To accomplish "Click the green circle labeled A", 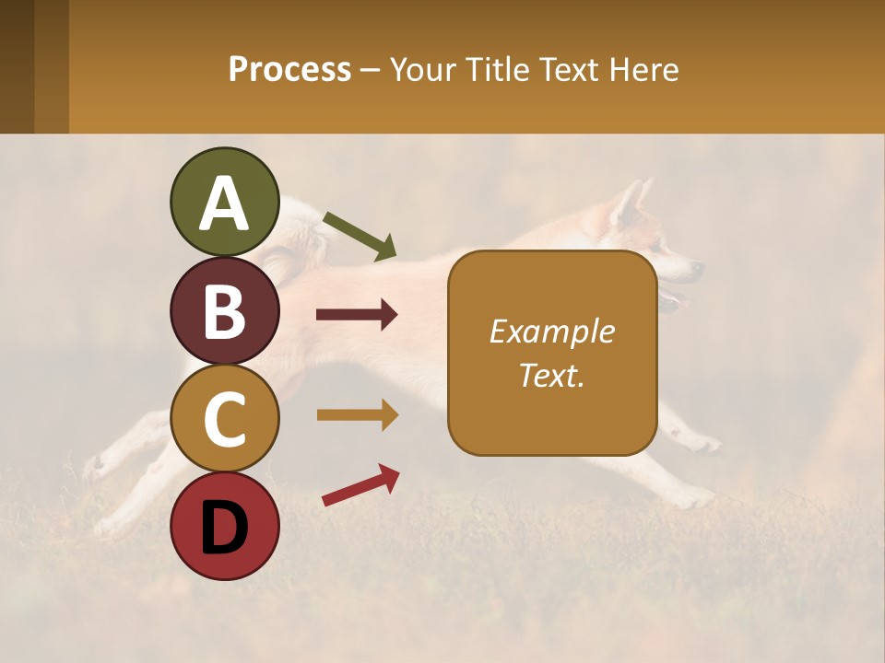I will (x=224, y=202).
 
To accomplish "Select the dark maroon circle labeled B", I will (x=224, y=310).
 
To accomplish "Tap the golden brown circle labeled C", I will (x=224, y=418).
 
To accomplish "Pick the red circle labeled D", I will (x=224, y=526).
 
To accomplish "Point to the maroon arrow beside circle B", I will (x=357, y=315).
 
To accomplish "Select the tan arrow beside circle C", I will (x=357, y=415).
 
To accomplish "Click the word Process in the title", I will (x=289, y=70).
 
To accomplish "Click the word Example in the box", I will (x=551, y=331).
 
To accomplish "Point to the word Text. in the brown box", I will (x=551, y=375).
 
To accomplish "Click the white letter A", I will (x=224, y=204).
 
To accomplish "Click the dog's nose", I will (x=698, y=268).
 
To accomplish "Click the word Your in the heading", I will (x=423, y=70).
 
